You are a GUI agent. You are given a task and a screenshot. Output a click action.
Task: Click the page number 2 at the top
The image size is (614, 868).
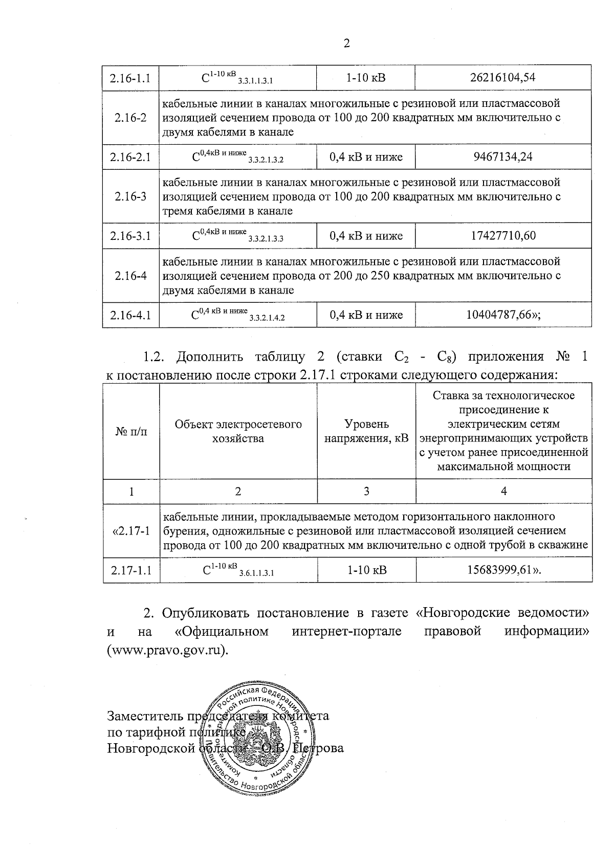(x=346, y=44)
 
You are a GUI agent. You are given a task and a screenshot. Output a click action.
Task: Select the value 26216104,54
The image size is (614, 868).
(x=503, y=78)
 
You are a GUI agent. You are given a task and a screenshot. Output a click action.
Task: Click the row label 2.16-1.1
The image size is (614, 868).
(x=130, y=78)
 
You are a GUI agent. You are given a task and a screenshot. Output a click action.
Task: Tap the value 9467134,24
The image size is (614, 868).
(x=503, y=157)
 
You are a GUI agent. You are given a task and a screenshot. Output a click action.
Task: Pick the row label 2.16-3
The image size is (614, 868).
(x=130, y=196)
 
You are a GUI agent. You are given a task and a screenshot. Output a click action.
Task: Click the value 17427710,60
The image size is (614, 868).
(x=503, y=236)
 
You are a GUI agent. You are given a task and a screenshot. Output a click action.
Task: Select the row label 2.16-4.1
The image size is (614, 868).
(x=130, y=315)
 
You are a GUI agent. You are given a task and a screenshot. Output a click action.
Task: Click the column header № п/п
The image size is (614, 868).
(x=131, y=432)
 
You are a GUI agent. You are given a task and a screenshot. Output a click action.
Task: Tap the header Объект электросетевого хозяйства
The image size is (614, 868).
(x=238, y=431)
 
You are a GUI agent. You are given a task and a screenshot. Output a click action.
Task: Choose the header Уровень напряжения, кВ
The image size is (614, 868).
(x=366, y=431)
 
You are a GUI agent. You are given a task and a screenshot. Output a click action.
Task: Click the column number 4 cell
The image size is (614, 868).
(x=503, y=492)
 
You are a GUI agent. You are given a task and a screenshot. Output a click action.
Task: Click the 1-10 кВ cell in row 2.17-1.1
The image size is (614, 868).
(x=366, y=570)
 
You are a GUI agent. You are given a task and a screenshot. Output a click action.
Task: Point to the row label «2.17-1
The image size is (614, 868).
(x=131, y=531)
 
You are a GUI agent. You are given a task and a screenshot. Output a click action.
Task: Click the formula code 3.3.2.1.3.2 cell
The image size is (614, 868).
(x=238, y=157)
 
